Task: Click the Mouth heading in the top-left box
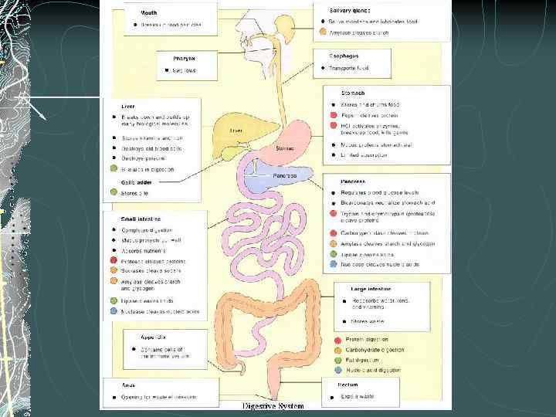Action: [x=148, y=12]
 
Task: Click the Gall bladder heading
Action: [x=136, y=182]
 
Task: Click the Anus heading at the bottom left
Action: [x=129, y=384]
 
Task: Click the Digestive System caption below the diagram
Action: [x=273, y=406]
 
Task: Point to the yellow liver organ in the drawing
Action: [x=232, y=128]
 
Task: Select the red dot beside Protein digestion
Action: [x=338, y=340]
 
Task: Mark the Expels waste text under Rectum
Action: [x=358, y=396]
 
